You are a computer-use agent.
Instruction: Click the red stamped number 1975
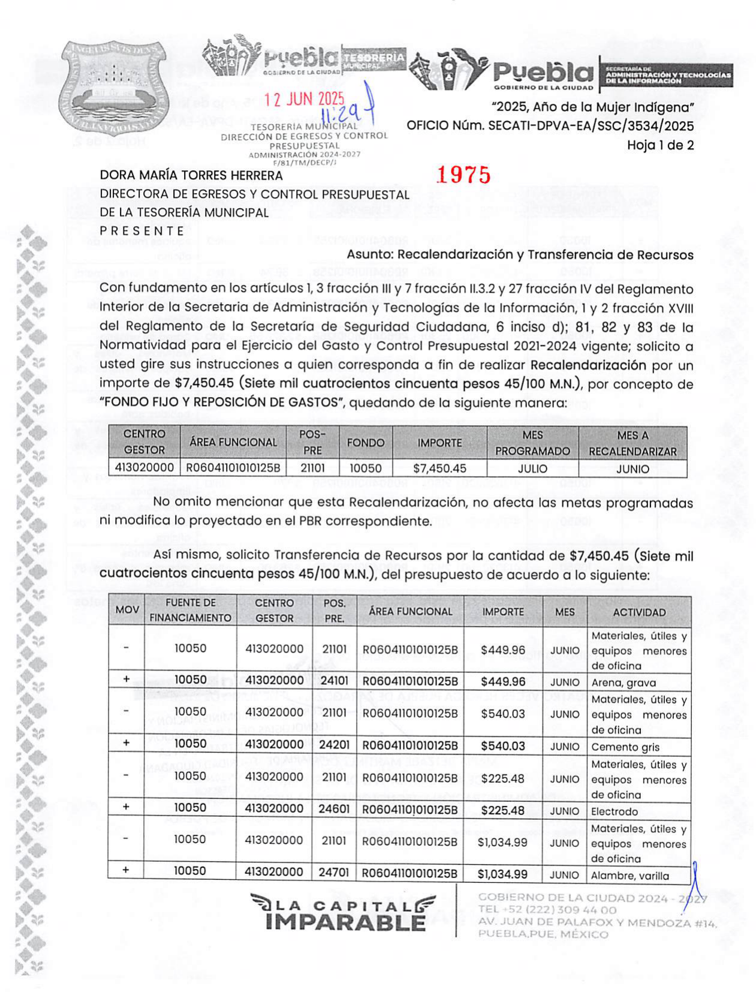463,175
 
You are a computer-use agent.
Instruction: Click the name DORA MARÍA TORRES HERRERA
191,175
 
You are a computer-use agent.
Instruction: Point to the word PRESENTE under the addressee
142,231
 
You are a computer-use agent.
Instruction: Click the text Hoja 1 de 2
660,145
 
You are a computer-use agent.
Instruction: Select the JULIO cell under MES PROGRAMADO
532,468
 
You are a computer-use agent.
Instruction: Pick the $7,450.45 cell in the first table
439,468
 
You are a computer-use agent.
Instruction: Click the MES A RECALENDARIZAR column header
632,443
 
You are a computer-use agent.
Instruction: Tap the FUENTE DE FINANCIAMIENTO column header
190,611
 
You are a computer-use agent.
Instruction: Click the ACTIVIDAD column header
639,612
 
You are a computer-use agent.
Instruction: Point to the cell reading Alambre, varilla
630,876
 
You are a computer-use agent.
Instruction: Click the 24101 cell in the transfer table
334,681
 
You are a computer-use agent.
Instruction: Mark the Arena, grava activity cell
624,683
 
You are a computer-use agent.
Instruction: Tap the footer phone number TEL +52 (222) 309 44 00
538,910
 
